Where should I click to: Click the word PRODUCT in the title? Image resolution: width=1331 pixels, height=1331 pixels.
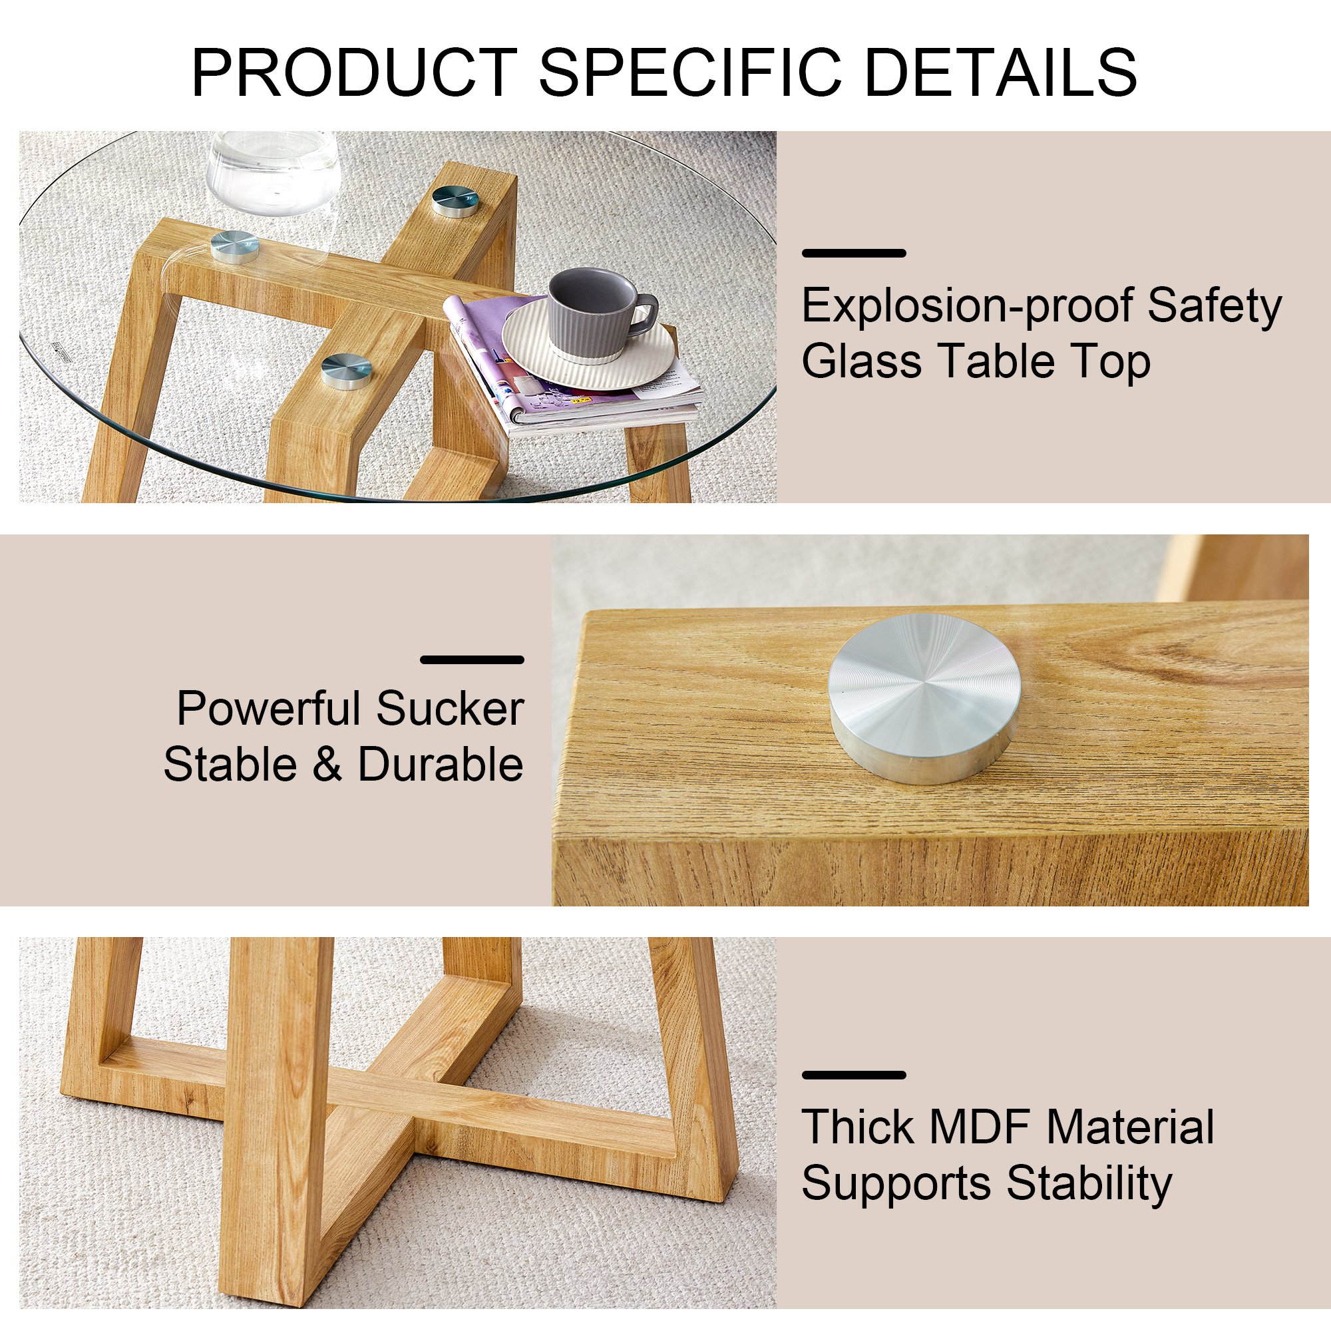pyautogui.click(x=355, y=72)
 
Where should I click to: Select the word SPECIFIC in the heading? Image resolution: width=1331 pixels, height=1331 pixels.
pyautogui.click(x=691, y=72)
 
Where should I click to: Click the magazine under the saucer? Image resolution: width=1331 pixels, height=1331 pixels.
pyautogui.click(x=572, y=369)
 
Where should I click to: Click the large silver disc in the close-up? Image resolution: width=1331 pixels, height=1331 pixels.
pyautogui.click(x=924, y=698)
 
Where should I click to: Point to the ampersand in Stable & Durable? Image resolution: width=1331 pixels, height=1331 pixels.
pyautogui.click(x=327, y=765)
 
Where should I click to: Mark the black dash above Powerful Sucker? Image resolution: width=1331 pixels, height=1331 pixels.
pyautogui.click(x=472, y=660)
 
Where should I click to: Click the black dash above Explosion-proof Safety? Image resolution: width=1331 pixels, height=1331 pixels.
pyautogui.click(x=854, y=254)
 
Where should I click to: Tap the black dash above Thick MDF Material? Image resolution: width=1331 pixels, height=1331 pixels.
pyautogui.click(x=854, y=1075)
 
